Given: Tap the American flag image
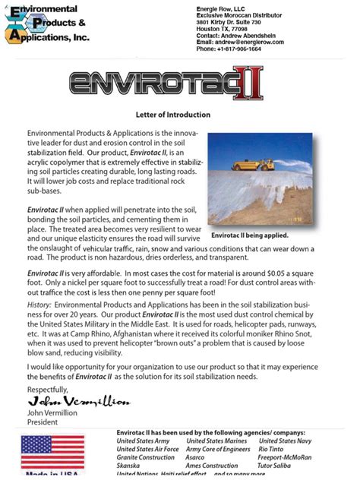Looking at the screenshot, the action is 43,452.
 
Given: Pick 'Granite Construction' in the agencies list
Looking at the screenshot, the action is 145,457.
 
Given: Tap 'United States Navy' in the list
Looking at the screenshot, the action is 285,441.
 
